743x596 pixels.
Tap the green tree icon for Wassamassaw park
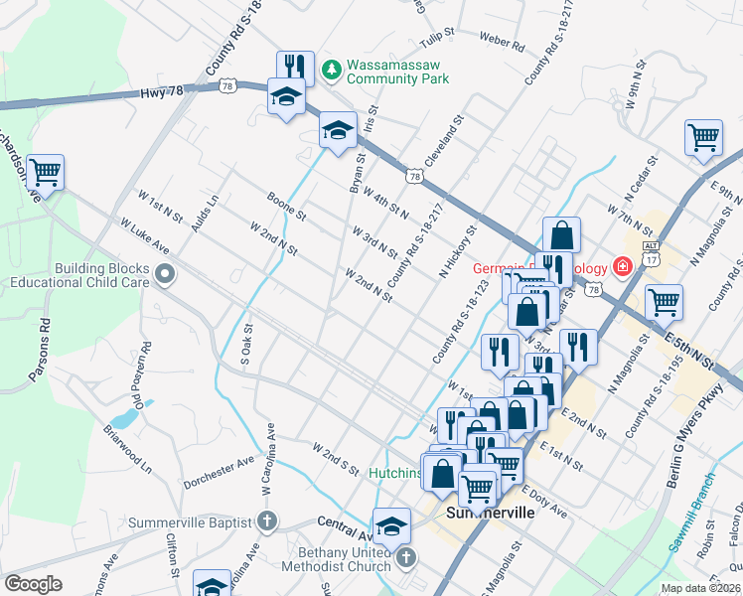pyautogui.click(x=331, y=71)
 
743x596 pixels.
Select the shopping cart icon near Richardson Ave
pyautogui.click(x=46, y=173)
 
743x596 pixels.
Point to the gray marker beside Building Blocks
pyautogui.click(x=165, y=273)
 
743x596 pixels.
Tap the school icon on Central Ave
pyautogui.click(x=391, y=525)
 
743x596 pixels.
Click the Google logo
pyautogui.click(x=33, y=584)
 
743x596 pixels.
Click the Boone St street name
pyautogui.click(x=286, y=206)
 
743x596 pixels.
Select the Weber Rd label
pyautogui.click(x=502, y=44)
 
